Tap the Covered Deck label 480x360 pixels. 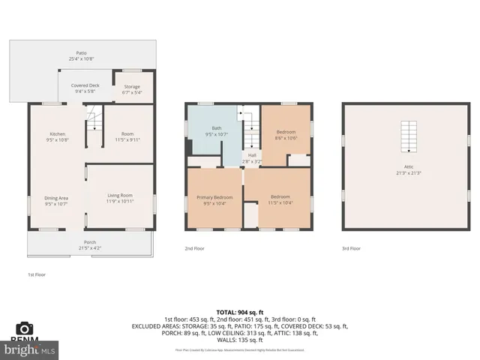[x=85, y=85]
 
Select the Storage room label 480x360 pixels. [x=132, y=86]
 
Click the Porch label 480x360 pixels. [x=89, y=241]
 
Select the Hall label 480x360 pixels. [x=252, y=155]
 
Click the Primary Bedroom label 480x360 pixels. [x=214, y=197]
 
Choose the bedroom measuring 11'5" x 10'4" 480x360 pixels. [x=280, y=197]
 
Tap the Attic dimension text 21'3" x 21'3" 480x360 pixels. [x=409, y=172]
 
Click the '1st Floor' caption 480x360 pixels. [x=37, y=275]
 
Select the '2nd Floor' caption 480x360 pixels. [x=194, y=248]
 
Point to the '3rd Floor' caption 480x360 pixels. [x=351, y=248]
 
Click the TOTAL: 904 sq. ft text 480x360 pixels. [x=239, y=311]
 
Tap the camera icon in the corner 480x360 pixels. [x=25, y=328]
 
